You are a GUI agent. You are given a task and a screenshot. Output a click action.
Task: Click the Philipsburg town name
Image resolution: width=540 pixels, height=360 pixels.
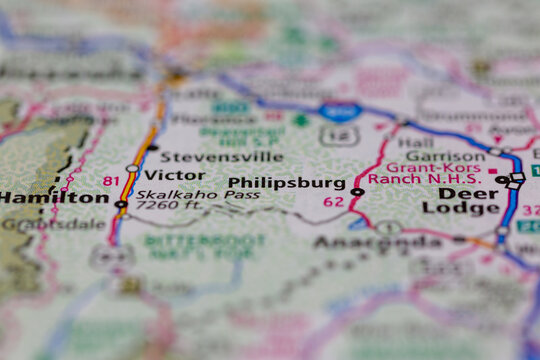[287, 184]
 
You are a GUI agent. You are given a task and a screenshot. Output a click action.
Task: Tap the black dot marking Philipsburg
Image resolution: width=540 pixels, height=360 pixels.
[357, 191]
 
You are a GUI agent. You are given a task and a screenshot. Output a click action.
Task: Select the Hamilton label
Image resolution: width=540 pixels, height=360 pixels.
[54, 198]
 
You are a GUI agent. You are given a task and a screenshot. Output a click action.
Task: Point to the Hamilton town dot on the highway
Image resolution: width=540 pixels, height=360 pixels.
[121, 204]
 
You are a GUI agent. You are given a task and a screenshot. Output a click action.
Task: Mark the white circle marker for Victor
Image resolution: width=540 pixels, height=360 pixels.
[133, 168]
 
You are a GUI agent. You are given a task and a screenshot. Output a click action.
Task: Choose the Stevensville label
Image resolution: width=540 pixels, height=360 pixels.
[221, 157]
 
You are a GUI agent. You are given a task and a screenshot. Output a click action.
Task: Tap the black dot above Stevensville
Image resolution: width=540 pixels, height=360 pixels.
[153, 147]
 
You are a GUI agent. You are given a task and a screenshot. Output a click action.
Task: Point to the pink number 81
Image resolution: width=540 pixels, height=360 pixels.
[110, 181]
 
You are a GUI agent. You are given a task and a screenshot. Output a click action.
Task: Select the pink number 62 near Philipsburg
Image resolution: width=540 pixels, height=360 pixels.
[333, 202]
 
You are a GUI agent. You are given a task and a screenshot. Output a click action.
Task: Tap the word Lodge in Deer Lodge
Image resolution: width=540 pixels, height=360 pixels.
[461, 209]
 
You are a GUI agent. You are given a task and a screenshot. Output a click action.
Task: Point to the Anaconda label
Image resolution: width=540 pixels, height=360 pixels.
[376, 243]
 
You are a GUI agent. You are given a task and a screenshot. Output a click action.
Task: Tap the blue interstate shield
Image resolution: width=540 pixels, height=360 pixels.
[341, 111]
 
